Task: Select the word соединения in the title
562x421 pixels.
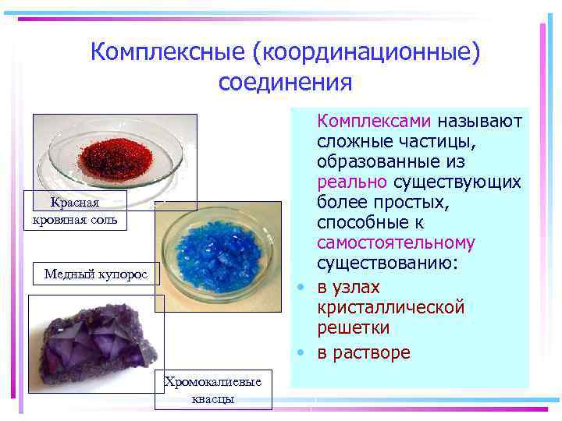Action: (x=286, y=82)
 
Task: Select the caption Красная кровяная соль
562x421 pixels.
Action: (x=75, y=210)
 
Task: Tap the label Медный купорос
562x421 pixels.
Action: (x=95, y=274)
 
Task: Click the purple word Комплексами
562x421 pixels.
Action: (x=374, y=122)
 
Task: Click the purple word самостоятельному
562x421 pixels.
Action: (x=396, y=243)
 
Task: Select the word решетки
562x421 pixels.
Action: (x=353, y=327)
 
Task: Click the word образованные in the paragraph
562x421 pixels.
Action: (x=380, y=162)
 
